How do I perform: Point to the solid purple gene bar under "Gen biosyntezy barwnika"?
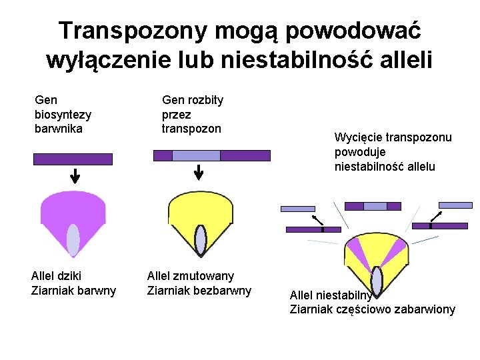pyautogui.click(x=73, y=159)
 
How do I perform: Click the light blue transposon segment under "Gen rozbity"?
pyautogui.click(x=196, y=155)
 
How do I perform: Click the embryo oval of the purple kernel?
pyautogui.click(x=73, y=240)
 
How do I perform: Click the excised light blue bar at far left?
pyautogui.click(x=297, y=209)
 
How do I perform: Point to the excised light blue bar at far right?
pyautogui.click(x=455, y=205)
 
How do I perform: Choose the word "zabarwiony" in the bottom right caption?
pyautogui.click(x=426, y=309)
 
